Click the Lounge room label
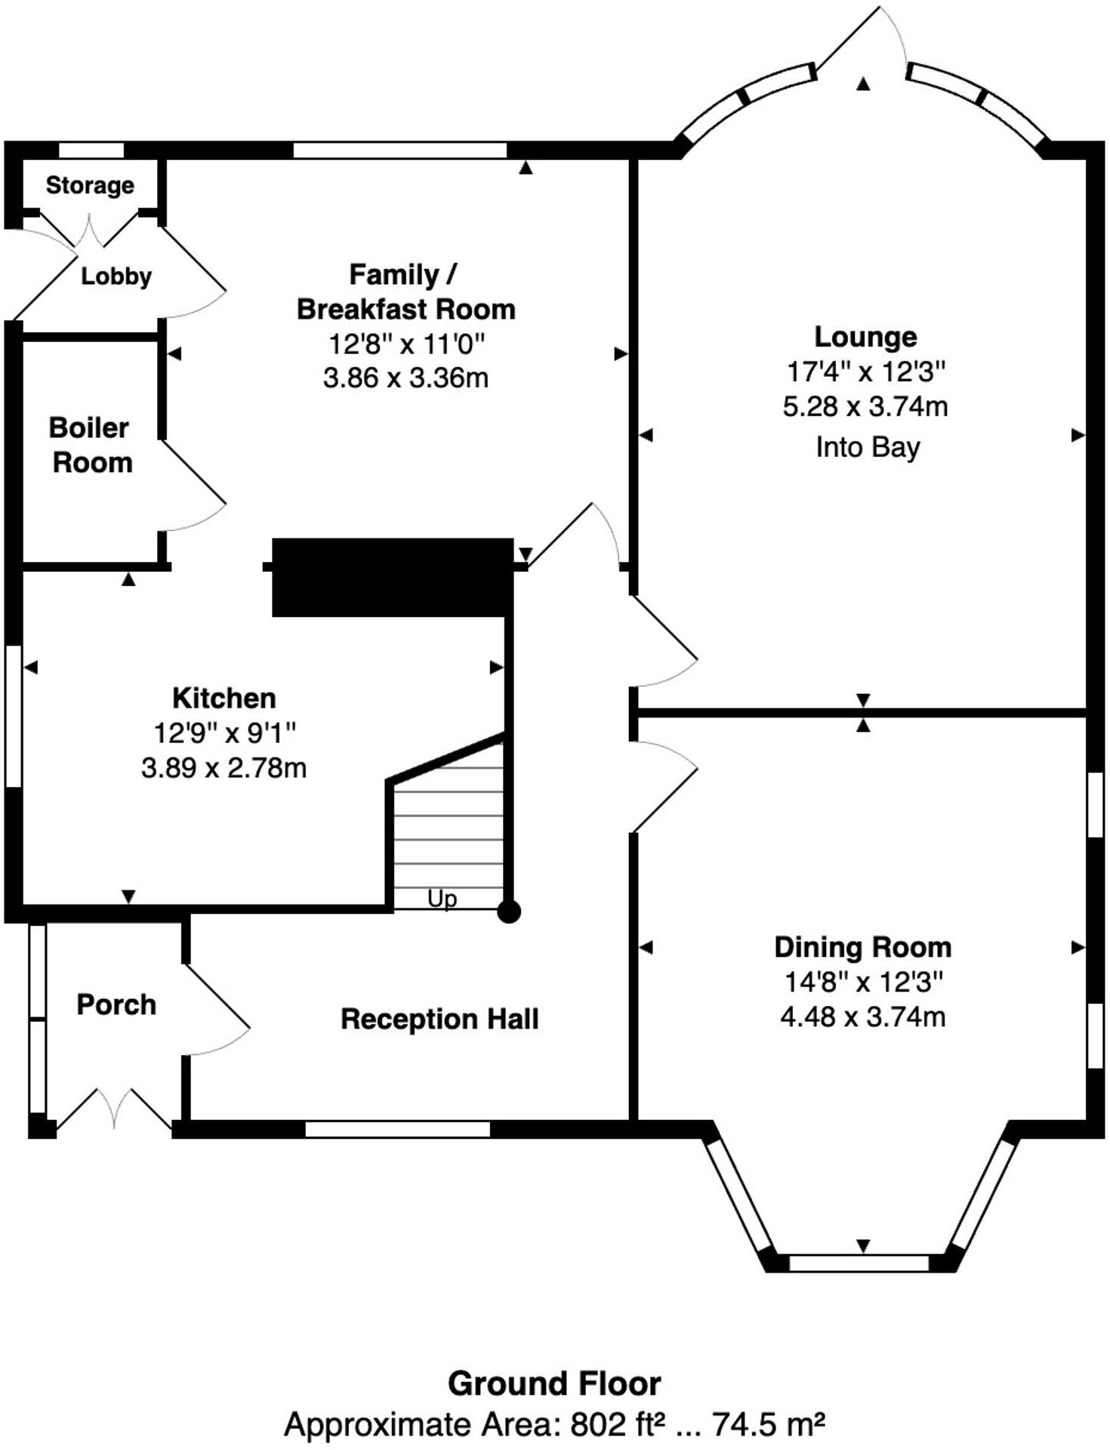tap(865, 337)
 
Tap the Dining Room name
tap(863, 947)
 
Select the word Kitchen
tap(224, 698)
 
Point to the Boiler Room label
tap(91, 445)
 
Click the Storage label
tap(90, 185)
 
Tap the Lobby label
tap(116, 276)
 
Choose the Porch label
tap(116, 1004)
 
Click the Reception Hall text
tap(439, 1019)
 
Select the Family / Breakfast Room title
tap(405, 292)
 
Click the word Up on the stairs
tap(442, 899)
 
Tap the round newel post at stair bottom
tap(509, 912)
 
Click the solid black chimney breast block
tap(393, 578)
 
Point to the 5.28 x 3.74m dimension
tap(865, 407)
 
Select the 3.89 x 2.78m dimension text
tap(224, 768)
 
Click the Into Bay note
tap(868, 447)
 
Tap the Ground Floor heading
tap(554, 1384)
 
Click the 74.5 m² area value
tap(769, 1424)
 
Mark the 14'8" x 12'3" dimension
tap(863, 982)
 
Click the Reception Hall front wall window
tap(398, 1129)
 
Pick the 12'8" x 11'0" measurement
tap(405, 344)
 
